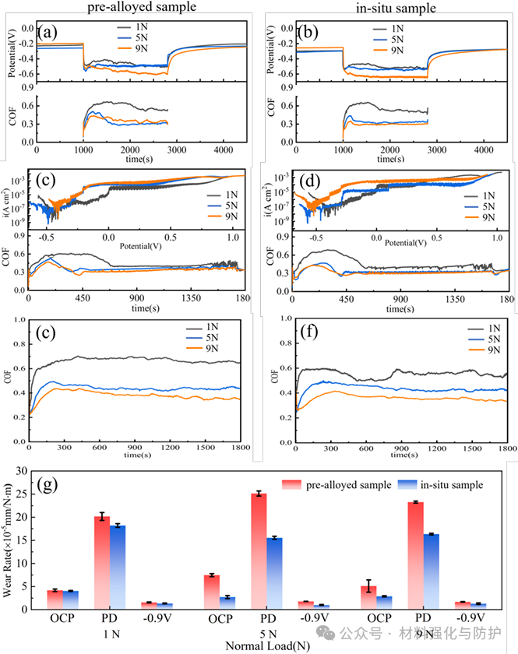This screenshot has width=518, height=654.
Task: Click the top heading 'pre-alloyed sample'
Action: coord(130,8)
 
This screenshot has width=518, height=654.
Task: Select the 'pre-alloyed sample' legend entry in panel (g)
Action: coord(344,484)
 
